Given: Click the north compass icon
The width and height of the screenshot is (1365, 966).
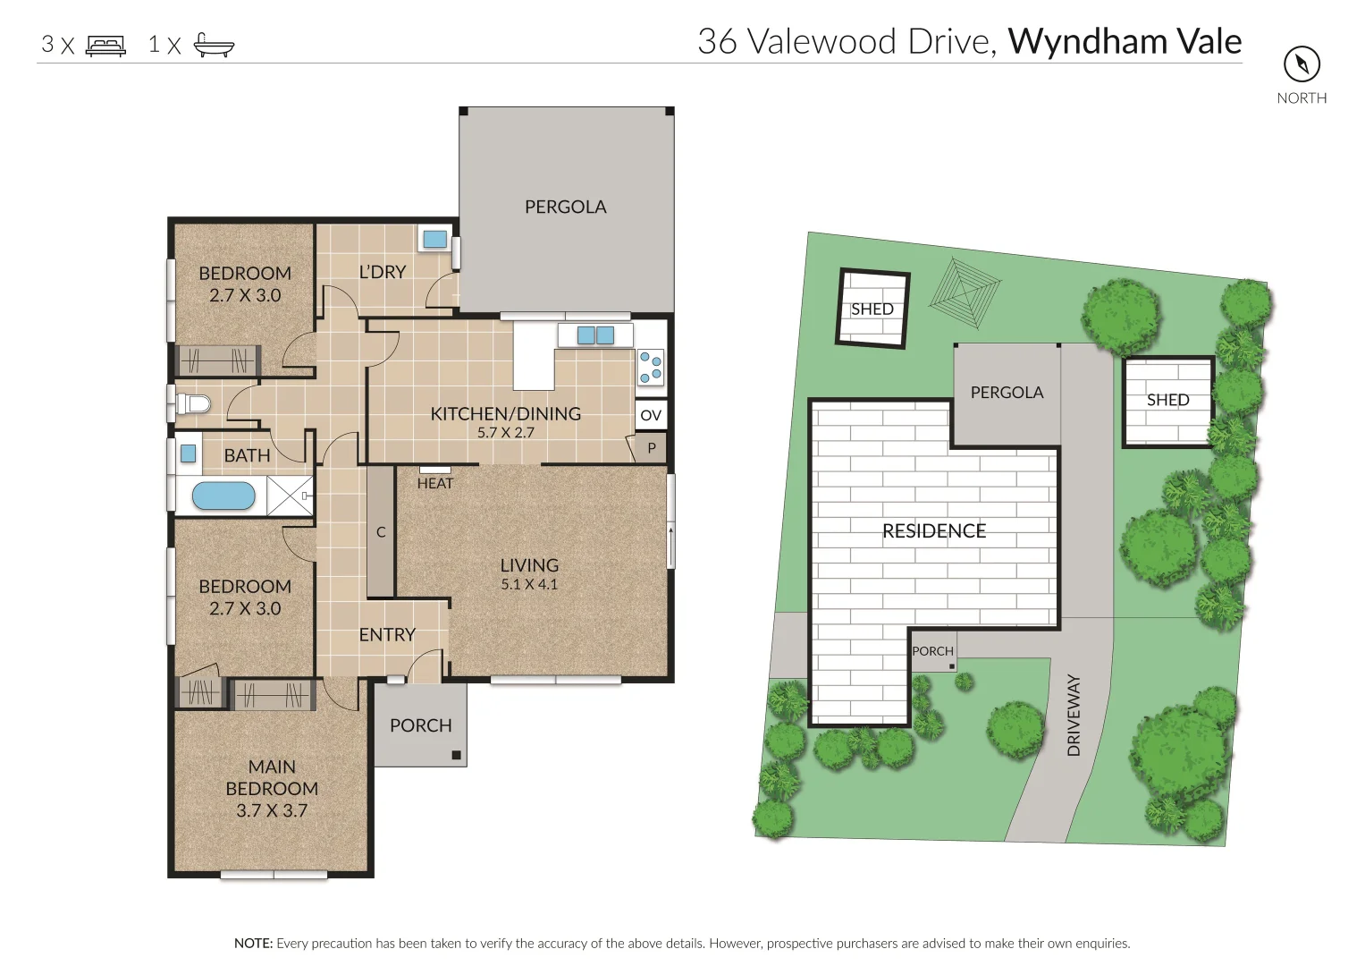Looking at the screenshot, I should pyautogui.click(x=1302, y=64).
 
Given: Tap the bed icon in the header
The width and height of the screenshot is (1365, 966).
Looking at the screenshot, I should pyautogui.click(x=105, y=45).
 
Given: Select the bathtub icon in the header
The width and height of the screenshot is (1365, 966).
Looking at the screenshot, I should pyautogui.click(x=214, y=45).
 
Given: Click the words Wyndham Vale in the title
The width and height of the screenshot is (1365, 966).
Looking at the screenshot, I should pyautogui.click(x=1125, y=42).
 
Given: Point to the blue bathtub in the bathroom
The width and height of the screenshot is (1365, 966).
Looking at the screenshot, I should pyautogui.click(x=223, y=496).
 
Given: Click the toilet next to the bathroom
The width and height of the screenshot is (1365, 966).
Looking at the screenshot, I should pyautogui.click(x=193, y=404).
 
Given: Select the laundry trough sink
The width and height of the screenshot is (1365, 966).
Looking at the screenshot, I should pyautogui.click(x=434, y=239).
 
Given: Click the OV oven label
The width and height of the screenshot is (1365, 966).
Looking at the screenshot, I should pyautogui.click(x=651, y=415).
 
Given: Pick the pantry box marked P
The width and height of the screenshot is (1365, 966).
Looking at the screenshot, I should pyautogui.click(x=651, y=448).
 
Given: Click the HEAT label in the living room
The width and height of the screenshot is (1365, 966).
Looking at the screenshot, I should pyautogui.click(x=435, y=483).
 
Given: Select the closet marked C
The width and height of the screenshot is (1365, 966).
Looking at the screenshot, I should pyautogui.click(x=381, y=532).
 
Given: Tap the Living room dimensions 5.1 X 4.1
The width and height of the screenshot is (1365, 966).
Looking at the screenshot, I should pyautogui.click(x=529, y=585).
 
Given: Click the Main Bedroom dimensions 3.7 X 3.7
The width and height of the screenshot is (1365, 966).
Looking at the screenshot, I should pyautogui.click(x=272, y=811).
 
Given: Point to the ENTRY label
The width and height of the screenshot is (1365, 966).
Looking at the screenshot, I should pyautogui.click(x=387, y=634).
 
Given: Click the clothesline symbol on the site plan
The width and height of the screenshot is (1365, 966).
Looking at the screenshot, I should pyautogui.click(x=965, y=284).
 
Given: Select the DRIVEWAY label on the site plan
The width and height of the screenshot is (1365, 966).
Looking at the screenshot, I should pyautogui.click(x=1074, y=715).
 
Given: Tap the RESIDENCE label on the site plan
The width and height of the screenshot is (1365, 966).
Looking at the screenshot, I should pyautogui.click(x=934, y=531).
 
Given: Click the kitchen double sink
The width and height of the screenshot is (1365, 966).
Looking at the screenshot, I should pyautogui.click(x=595, y=335).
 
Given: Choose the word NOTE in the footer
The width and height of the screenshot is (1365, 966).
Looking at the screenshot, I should pyautogui.click(x=253, y=943).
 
